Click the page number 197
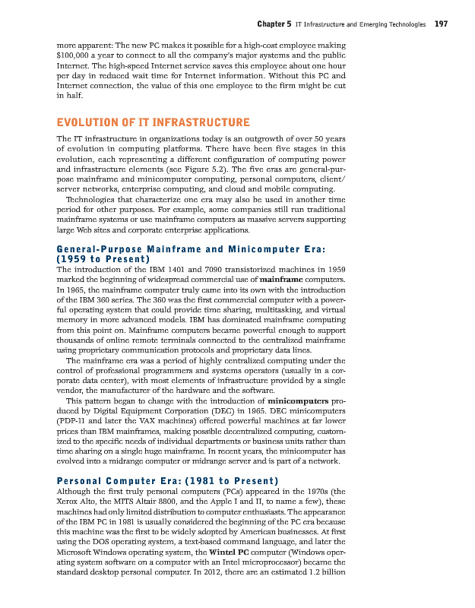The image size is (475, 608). tap(440, 24)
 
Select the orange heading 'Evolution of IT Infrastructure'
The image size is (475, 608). tap(153, 122)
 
